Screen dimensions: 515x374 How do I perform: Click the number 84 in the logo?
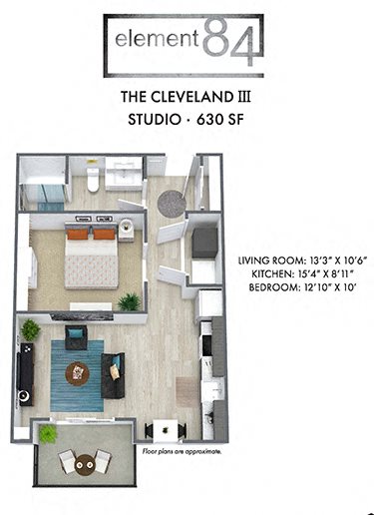point(231,41)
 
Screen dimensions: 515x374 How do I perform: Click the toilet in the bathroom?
point(93,180)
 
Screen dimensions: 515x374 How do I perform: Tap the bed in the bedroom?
point(91,259)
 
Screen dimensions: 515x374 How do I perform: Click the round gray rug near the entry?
point(171,202)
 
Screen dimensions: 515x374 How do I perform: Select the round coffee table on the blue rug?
point(77,372)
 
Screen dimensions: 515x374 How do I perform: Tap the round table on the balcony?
point(85,460)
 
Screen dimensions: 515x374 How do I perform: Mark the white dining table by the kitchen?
point(162,429)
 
